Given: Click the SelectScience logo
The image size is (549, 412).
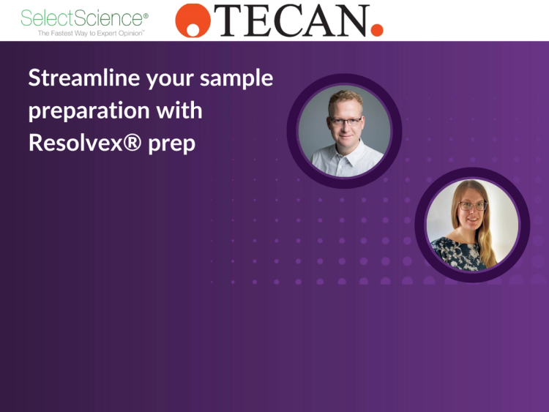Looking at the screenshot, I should (84, 18).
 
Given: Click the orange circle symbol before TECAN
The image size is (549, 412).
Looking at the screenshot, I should (193, 20).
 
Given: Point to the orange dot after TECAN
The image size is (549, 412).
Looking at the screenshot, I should (377, 30).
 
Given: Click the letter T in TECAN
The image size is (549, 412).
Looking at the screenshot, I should (226, 22).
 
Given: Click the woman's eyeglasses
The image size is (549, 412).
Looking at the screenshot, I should (473, 206).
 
